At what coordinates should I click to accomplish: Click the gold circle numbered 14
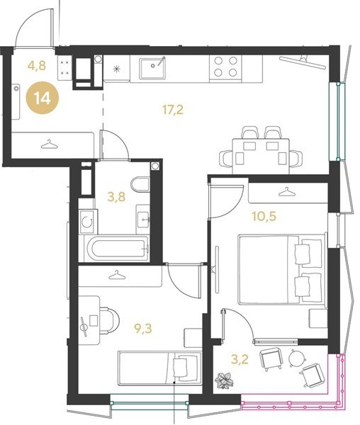[x=43, y=98]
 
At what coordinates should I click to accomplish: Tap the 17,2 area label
[x=173, y=110]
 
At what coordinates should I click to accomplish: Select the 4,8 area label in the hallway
[x=37, y=66]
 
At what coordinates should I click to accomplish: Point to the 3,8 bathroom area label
[x=116, y=197]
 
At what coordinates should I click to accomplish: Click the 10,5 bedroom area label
[x=264, y=216]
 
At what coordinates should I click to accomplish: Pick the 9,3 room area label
[x=143, y=329]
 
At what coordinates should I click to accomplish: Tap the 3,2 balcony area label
[x=240, y=360]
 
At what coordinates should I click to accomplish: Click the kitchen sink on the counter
[x=152, y=68]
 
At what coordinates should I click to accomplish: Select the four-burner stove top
[x=225, y=67]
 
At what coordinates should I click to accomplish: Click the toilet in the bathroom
[x=140, y=184]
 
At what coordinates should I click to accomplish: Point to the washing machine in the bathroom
[x=88, y=222]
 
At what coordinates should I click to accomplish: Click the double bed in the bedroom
[x=282, y=269]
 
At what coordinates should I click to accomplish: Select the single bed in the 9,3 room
[x=160, y=368]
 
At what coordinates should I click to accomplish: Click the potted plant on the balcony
[x=224, y=380]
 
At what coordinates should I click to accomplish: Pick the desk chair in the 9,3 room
[x=109, y=321]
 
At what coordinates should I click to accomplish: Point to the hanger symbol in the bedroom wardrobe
[x=286, y=193]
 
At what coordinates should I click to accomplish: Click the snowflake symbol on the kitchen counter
[x=116, y=69]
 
